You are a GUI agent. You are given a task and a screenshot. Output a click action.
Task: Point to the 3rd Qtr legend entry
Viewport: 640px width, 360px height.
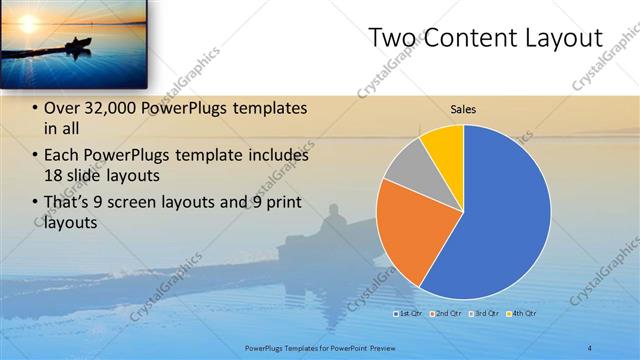[x=481, y=314]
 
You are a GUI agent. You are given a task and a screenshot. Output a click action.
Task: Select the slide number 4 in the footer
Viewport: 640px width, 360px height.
[x=591, y=347]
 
